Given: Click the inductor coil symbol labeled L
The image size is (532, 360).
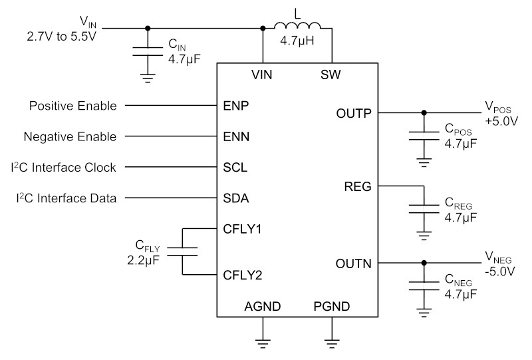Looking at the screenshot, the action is click(297, 26).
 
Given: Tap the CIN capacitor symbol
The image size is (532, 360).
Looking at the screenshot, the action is click(148, 51).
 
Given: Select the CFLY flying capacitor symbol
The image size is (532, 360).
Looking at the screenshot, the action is click(182, 252).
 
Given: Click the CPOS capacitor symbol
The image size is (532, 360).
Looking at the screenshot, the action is click(424, 136).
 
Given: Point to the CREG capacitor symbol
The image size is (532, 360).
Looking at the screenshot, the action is click(424, 209).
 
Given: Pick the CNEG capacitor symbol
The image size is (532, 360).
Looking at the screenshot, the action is click(424, 286).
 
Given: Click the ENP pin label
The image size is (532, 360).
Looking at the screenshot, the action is click(236, 106).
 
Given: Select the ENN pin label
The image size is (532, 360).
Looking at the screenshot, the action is click(236, 136).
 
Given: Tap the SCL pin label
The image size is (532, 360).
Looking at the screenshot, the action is click(235, 168).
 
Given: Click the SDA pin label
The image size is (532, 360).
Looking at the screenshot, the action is click(236, 198).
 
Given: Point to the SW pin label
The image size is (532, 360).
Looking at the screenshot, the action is click(331, 75).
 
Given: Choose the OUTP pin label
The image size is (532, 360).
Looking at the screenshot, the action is click(354, 113).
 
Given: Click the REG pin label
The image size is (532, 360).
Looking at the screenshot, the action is click(358, 186).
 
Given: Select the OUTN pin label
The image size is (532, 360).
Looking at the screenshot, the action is click(354, 264).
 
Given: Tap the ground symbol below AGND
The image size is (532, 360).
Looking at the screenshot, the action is click(263, 344).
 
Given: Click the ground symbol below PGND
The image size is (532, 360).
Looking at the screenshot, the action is click(332, 344).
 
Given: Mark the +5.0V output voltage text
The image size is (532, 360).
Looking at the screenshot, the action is click(501, 121).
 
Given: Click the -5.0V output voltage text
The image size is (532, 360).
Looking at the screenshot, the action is click(500, 271).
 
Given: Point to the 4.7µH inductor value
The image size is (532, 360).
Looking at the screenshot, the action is click(297, 41).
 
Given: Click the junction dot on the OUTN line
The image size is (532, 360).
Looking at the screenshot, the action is click(424, 263).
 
